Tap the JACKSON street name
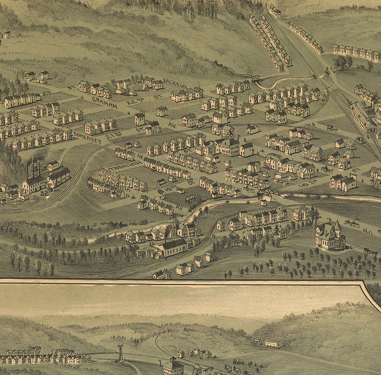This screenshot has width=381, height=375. pos(174,83)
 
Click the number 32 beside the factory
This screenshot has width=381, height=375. pos(44,193)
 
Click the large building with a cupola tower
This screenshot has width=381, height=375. pos(228,143)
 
